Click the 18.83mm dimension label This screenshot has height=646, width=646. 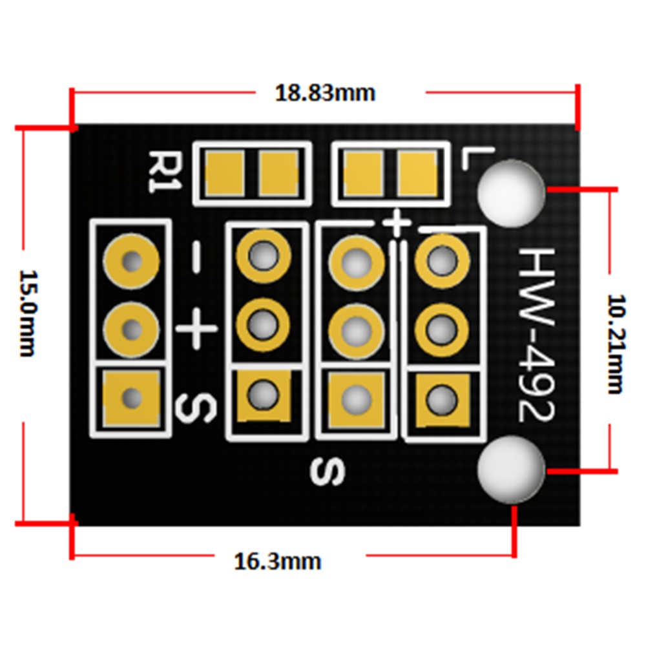click(x=325, y=93)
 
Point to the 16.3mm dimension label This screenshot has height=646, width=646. click(x=277, y=561)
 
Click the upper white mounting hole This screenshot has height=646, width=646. click(x=512, y=193)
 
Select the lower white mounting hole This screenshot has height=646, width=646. click(x=511, y=469)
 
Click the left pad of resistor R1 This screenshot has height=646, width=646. click(x=225, y=173)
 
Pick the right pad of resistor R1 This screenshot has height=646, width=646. click(x=278, y=173)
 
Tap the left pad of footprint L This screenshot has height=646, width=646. click(x=362, y=172)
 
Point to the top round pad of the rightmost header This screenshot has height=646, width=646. click(x=442, y=262)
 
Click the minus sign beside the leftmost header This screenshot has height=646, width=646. click(x=196, y=258)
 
